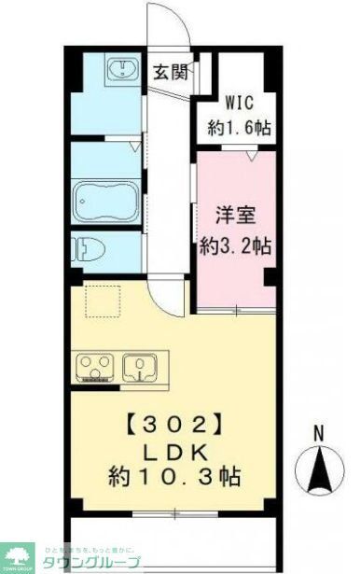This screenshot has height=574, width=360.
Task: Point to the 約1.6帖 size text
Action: pos(241,127)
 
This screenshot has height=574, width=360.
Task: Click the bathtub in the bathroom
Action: pos(104,200)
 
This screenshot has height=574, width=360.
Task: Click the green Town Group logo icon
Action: pos(17,556)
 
